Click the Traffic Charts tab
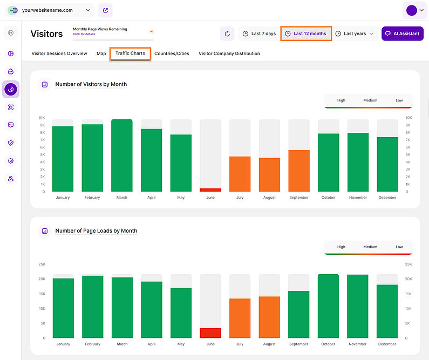coord(130,53)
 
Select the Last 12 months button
coord(305,33)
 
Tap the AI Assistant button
coord(402,33)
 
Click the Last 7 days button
coord(259,33)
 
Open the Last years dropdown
coord(355,33)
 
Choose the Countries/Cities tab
coord(172,53)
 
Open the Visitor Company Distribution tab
coord(229,53)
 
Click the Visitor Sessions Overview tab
coord(59,53)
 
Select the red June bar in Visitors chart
coord(210,190)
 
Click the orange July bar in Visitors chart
coord(240,174)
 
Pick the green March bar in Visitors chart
coord(122,155)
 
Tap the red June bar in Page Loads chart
coord(210,333)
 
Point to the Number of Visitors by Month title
coord(91,84)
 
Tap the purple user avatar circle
coord(411,10)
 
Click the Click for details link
coord(85,34)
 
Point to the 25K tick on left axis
coord(42,264)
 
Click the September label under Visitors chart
coord(298,198)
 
